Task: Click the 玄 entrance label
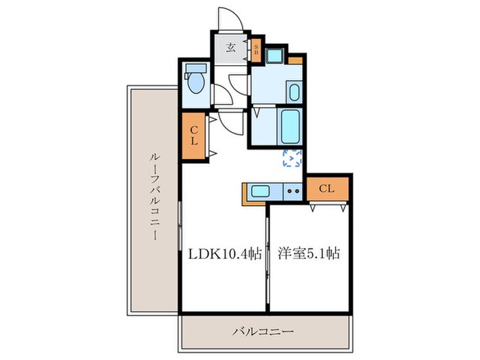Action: pyautogui.click(x=230, y=48)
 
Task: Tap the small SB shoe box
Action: pyautogui.click(x=256, y=49)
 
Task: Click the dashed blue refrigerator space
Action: pyautogui.click(x=293, y=158)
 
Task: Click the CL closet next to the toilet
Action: pyautogui.click(x=194, y=136)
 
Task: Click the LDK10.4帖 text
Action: pyautogui.click(x=225, y=254)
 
